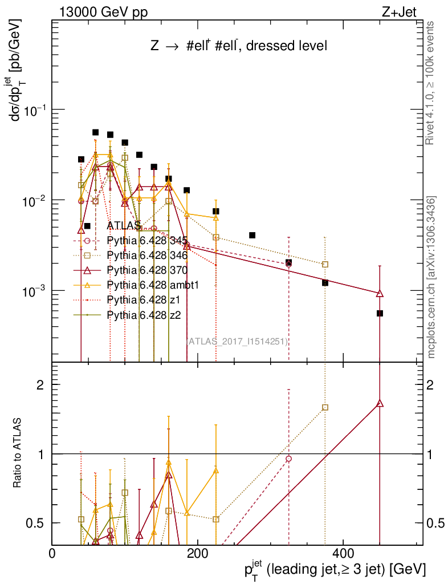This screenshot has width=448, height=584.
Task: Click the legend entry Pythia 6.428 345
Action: coord(152,240)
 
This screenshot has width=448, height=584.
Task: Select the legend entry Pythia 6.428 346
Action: coord(152,255)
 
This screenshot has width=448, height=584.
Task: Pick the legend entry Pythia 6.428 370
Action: coord(152,270)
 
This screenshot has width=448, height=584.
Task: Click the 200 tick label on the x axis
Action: coord(197,553)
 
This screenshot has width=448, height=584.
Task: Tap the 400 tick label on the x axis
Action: coord(343,553)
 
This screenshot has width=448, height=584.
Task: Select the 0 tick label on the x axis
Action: coord(52,553)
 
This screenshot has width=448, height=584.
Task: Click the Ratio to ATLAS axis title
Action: coord(18,454)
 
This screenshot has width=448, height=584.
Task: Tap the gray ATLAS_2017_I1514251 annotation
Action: coord(237,342)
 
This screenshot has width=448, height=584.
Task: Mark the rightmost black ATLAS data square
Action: coord(380,313)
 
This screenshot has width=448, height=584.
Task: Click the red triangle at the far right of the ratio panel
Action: coord(380,404)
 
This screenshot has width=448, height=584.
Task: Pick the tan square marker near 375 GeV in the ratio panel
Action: coord(325,407)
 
